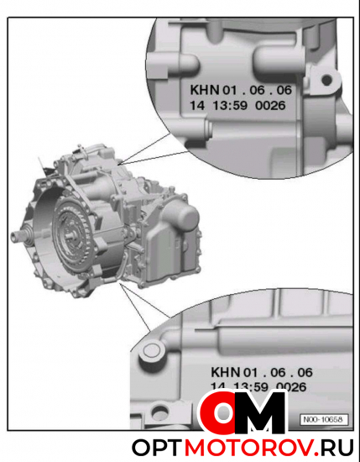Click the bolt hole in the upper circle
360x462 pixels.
coord(325,82)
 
